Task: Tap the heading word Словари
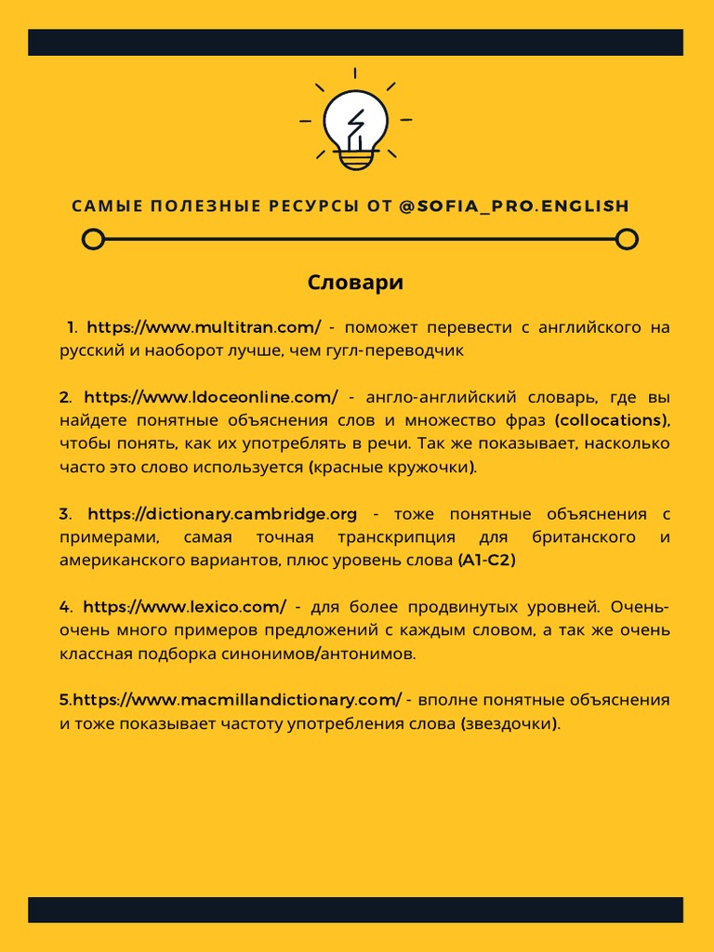point(356,283)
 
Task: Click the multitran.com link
point(204,327)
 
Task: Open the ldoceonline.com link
point(211,397)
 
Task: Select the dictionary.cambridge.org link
point(222,514)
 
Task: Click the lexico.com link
point(184,607)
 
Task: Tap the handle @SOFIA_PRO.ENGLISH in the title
point(514,205)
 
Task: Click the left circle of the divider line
point(92,240)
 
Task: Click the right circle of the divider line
point(628,240)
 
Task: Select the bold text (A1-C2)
point(486,561)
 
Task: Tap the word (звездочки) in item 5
point(510,723)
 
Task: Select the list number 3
point(64,514)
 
